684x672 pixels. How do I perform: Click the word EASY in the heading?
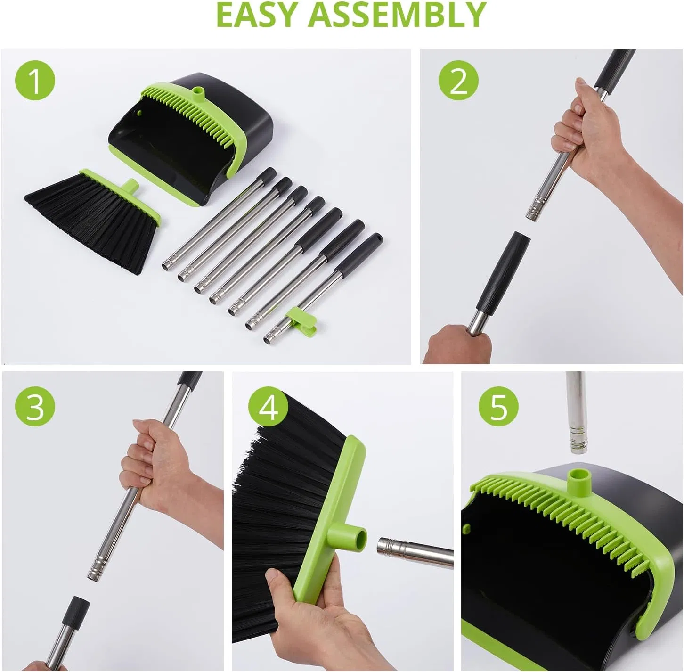tap(257, 15)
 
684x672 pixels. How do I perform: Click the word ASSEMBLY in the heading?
tap(397, 15)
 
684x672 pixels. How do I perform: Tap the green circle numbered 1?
tap(35, 81)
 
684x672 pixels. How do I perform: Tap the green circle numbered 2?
tap(458, 81)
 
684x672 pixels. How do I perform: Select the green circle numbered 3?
tap(35, 406)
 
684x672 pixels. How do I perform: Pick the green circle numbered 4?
tap(269, 406)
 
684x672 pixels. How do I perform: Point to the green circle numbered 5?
tap(498, 406)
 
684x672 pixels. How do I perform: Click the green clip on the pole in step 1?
tap(302, 316)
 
